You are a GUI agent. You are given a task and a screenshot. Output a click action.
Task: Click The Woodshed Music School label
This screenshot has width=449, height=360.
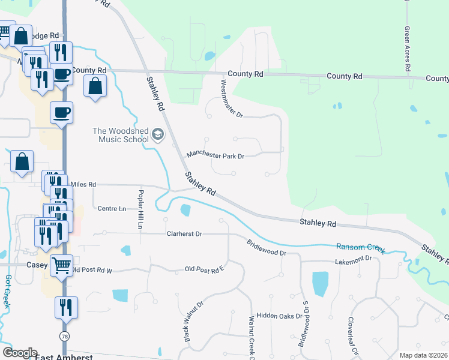pos(121,135)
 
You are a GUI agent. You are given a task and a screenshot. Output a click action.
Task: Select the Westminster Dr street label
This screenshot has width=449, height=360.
pos(231,98)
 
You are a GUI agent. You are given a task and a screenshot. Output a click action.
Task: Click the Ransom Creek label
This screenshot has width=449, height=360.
pos(360,247)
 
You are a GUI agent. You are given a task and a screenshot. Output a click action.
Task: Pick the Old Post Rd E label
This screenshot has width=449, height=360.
pos(204,269)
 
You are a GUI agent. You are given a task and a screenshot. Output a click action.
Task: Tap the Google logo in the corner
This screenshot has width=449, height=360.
pos(20,353)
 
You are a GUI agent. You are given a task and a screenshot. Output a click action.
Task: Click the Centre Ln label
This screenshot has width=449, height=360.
pos(112,208)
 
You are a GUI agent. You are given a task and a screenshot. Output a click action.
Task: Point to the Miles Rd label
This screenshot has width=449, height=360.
pos(83,185)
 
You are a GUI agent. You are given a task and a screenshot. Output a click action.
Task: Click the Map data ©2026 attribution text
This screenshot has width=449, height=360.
pos(423,355)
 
